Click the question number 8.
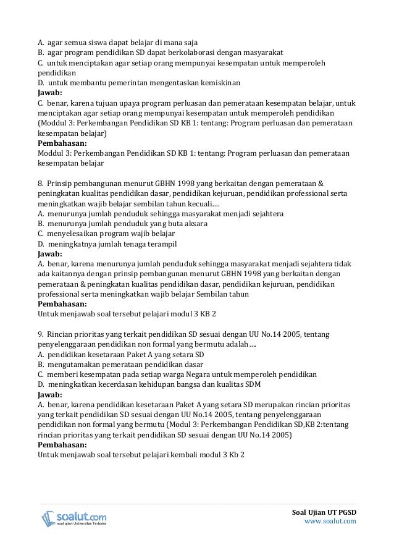coord(41,184)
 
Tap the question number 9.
coord(41,334)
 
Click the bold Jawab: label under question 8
coord(50,253)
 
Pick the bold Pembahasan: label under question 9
coord(62,444)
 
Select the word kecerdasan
coord(109,384)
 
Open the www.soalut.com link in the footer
coord(331,522)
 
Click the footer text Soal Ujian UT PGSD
coord(325,512)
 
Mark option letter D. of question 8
coord(41,243)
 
